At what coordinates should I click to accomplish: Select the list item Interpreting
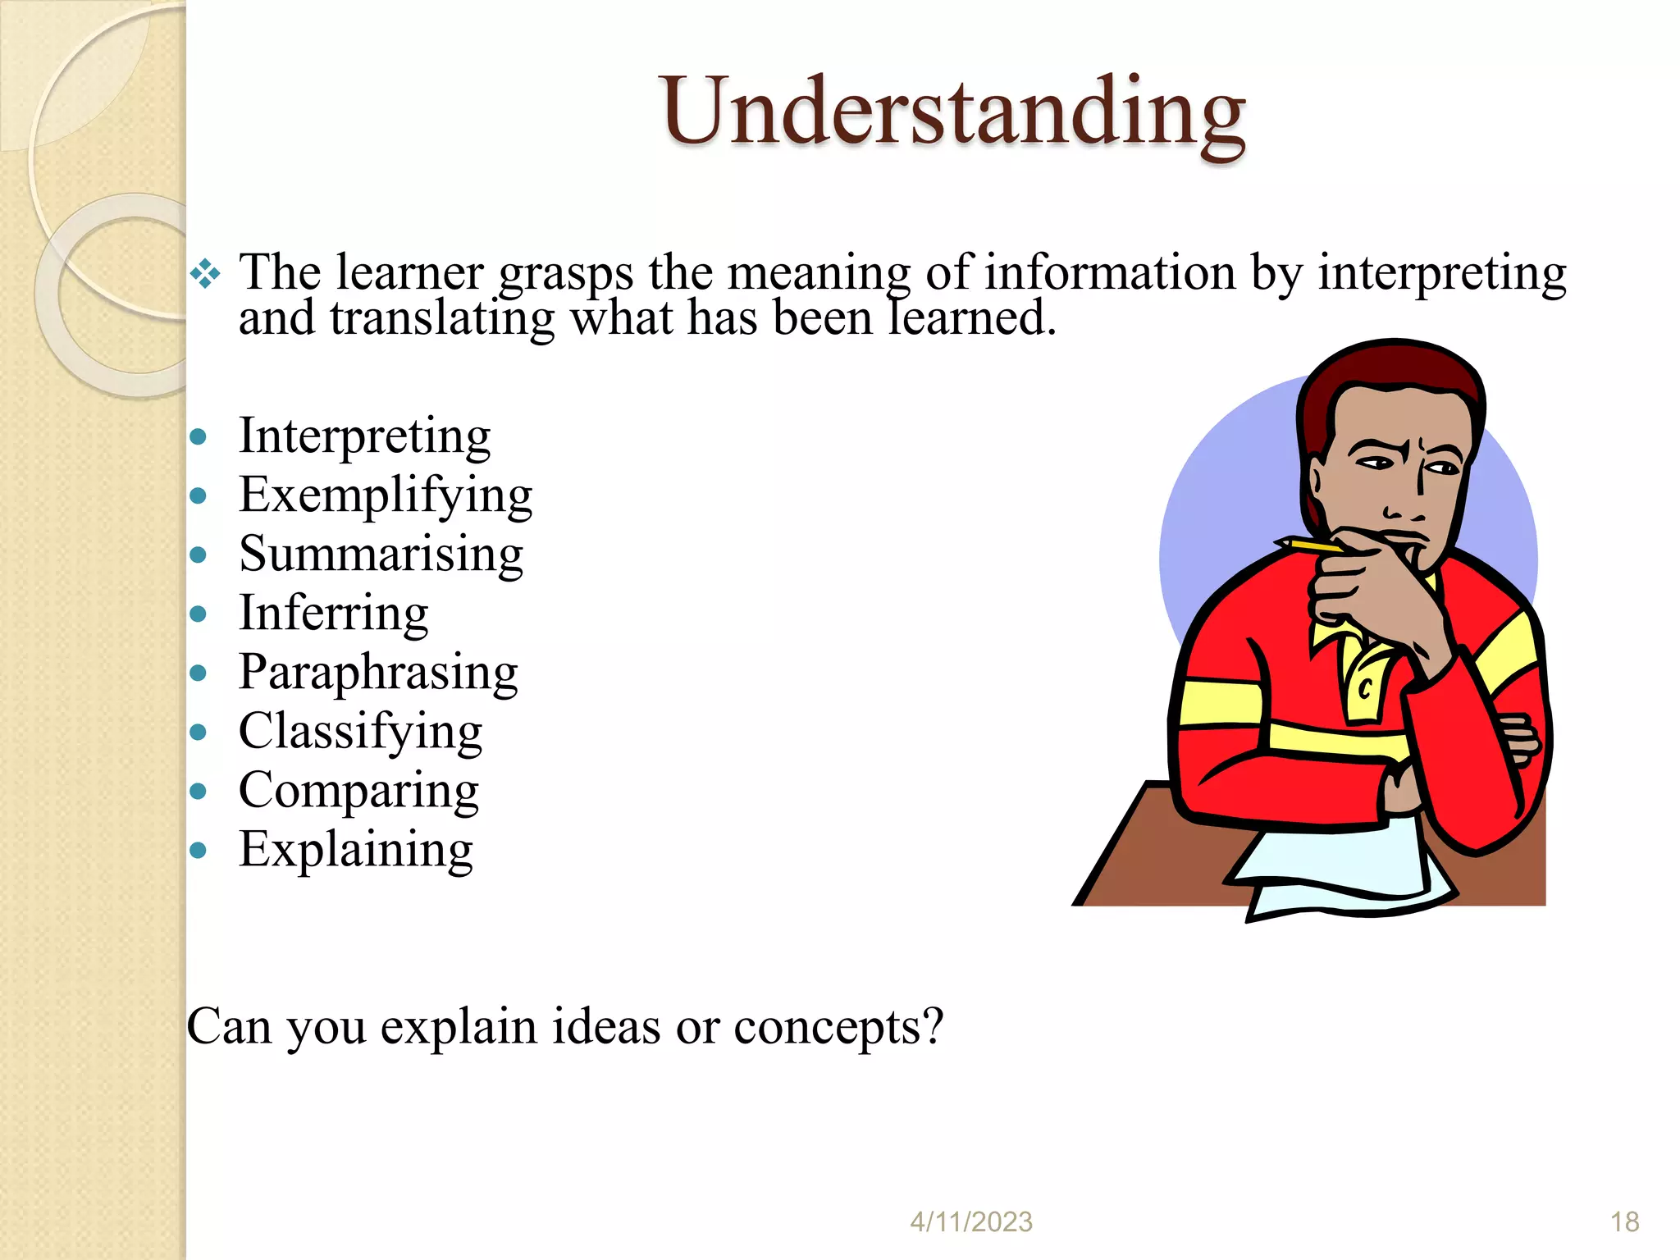tap(364, 436)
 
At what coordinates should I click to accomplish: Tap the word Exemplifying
tap(386, 495)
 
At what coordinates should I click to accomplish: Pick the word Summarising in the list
tap(381, 554)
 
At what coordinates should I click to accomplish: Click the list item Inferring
tap(333, 613)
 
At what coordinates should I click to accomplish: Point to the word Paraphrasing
tap(378, 672)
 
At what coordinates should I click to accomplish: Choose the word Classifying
tap(360, 731)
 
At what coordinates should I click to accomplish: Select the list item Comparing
tap(358, 790)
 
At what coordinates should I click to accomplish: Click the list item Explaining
tap(355, 849)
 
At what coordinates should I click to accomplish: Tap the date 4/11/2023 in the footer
tap(971, 1222)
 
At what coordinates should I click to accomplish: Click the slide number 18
tap(1624, 1222)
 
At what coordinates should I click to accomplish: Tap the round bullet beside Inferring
tap(198, 614)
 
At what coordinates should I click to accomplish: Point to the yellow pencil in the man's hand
tap(1308, 545)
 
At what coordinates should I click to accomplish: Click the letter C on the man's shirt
tap(1365, 687)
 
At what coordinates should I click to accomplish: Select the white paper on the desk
tap(1345, 870)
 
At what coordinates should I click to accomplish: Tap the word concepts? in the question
tap(838, 1027)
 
